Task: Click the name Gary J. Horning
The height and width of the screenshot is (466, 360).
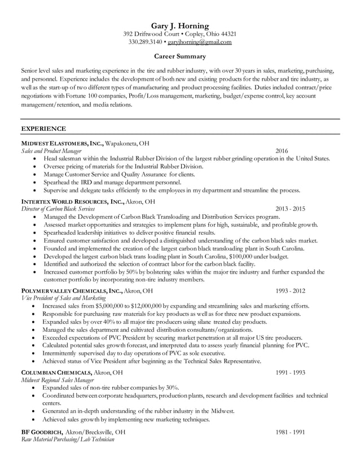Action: pyautogui.click(x=180, y=25)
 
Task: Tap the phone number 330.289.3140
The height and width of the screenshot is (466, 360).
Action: pyautogui.click(x=145, y=42)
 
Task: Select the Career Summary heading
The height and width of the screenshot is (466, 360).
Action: pyautogui.click(x=180, y=56)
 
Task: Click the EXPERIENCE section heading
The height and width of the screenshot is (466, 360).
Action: pyautogui.click(x=43, y=129)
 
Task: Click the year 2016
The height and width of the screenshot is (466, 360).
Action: pyautogui.click(x=282, y=151)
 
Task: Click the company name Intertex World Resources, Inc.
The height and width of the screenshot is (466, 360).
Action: pyautogui.click(x=72, y=201)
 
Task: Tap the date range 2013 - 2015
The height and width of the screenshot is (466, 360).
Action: pyautogui.click(x=290, y=209)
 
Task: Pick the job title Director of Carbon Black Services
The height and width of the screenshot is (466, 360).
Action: pyautogui.click(x=58, y=209)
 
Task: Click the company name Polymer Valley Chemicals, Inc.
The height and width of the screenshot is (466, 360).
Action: pyautogui.click(x=72, y=291)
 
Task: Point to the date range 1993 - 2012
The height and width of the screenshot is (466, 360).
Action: pyautogui.click(x=290, y=291)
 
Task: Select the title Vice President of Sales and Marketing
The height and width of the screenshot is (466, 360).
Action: pyautogui.click(x=63, y=298)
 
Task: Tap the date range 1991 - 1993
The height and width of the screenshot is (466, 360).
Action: pyautogui.click(x=290, y=372)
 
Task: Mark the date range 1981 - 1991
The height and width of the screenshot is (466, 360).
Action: pyautogui.click(x=290, y=432)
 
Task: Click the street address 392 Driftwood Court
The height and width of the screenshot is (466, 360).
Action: pyautogui.click(x=150, y=34)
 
